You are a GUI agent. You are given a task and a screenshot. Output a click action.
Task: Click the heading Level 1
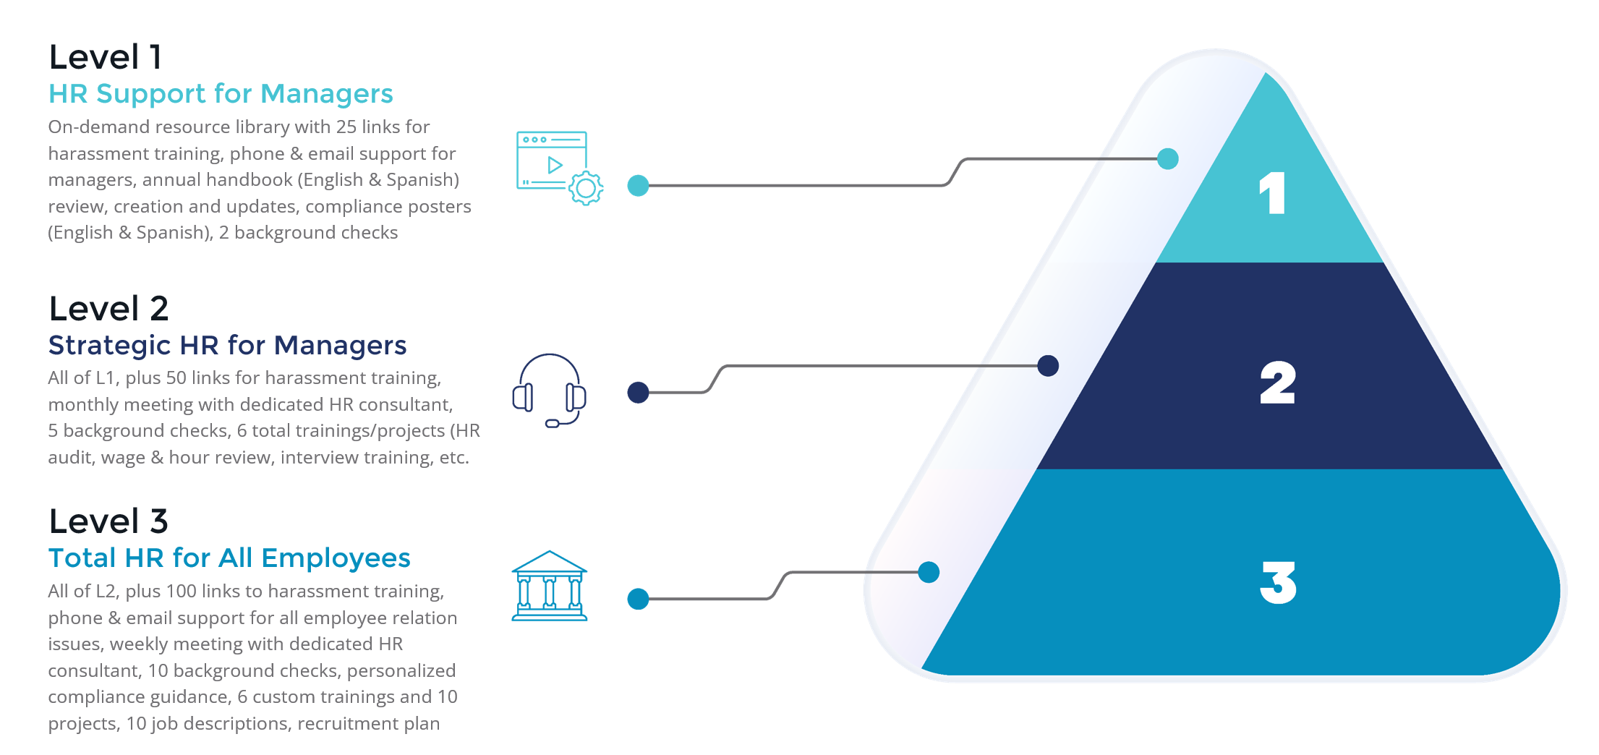click(x=106, y=58)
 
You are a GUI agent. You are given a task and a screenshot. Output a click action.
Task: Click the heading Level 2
click(x=108, y=309)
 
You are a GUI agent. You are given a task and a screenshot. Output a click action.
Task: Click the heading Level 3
click(x=108, y=521)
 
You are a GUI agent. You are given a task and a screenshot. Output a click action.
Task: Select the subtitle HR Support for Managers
click(x=221, y=94)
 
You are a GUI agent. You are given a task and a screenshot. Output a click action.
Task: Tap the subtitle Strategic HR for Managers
click(x=227, y=346)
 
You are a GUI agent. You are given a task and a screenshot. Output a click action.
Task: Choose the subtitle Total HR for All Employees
click(x=229, y=558)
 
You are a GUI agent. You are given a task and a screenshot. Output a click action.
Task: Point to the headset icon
click(x=550, y=391)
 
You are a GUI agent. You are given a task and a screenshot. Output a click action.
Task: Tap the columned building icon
click(x=550, y=586)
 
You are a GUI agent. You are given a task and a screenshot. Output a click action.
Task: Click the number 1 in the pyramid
click(x=1273, y=193)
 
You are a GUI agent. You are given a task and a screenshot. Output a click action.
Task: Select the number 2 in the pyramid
click(x=1277, y=383)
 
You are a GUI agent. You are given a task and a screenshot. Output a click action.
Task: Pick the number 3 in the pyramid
click(x=1278, y=582)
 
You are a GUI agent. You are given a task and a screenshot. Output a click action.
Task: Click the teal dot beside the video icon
click(x=638, y=186)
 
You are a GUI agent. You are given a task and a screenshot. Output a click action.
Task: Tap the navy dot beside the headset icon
click(x=638, y=393)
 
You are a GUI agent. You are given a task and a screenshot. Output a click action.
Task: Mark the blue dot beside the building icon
click(x=638, y=599)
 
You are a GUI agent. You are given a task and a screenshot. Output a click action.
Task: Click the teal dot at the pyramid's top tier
click(x=1167, y=159)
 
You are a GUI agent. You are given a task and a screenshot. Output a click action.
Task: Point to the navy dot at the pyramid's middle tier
click(x=1048, y=366)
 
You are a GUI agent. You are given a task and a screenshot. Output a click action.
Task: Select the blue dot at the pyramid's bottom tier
click(x=929, y=573)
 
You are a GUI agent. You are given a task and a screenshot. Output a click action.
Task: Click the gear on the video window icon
click(x=586, y=189)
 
